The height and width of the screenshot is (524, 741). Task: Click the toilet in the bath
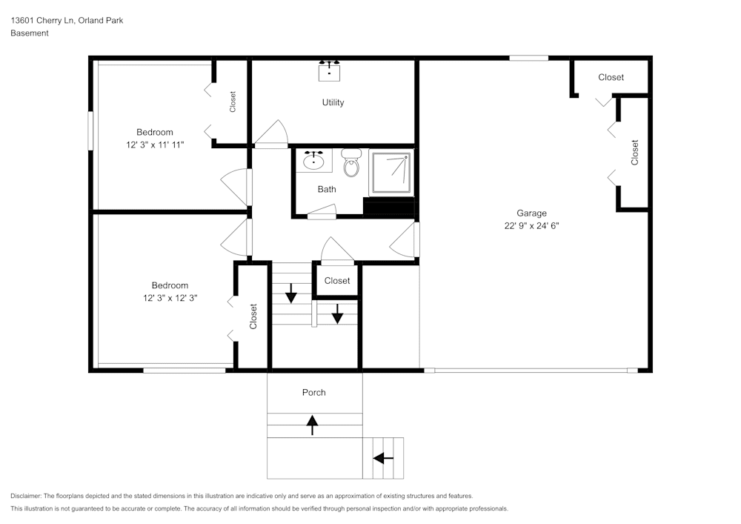[x=351, y=164]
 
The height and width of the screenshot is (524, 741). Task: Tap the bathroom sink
[x=315, y=159]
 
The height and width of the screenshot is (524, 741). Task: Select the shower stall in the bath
[x=391, y=173]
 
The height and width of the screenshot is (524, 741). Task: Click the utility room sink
[x=329, y=70]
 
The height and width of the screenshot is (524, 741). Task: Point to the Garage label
[x=531, y=213]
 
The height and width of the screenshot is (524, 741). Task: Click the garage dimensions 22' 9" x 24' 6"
[x=531, y=227]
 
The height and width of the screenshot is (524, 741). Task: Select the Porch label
[x=313, y=392]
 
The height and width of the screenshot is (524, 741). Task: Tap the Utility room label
[x=333, y=102]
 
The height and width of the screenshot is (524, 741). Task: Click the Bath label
[x=327, y=189]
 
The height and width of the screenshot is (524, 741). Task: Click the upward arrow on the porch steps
[x=312, y=425]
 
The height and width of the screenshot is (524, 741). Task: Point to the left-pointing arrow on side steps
[x=383, y=458]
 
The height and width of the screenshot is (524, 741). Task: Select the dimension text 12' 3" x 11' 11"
[x=155, y=145]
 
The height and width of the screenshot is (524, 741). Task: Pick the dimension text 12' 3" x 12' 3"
[x=170, y=298]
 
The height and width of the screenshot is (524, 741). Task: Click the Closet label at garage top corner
[x=611, y=77]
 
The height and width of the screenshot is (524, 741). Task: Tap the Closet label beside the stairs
[x=337, y=281]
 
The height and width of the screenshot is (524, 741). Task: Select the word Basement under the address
[x=30, y=33]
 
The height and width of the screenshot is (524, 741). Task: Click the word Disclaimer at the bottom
[x=27, y=496]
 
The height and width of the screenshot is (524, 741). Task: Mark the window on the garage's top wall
[x=528, y=58]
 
